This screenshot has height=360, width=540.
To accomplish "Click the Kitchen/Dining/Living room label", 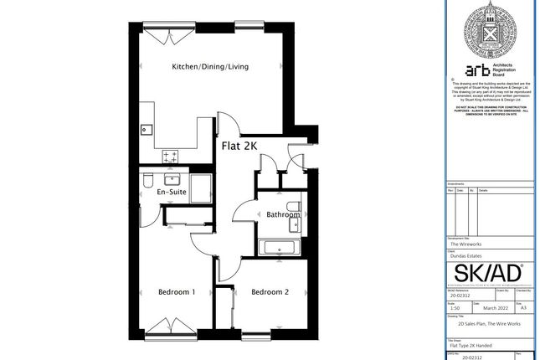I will pos(210,67).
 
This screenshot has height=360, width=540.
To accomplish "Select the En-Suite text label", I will pos(172,192).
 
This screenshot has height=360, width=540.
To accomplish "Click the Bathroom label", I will pos(282,214).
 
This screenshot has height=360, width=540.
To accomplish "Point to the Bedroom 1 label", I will pos(177,292).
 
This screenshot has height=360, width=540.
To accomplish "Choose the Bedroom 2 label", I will pos(270,292).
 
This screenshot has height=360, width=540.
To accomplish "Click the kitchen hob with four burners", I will pos(172,156).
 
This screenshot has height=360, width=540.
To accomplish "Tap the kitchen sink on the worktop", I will pos(146,129).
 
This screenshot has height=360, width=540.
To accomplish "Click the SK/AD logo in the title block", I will pos(487,274).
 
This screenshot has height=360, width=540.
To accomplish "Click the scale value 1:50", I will pos(455,307).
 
